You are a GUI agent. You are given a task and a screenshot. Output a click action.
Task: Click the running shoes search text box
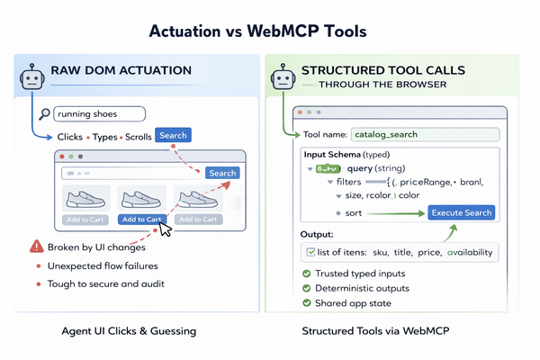coord(97,114)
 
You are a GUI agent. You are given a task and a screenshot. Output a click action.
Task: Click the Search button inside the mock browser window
coord(221,173)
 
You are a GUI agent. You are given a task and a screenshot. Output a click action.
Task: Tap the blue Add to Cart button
coord(141,219)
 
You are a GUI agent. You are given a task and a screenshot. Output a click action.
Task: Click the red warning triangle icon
coord(36,246)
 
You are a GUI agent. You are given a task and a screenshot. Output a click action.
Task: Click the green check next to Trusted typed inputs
coord(307,274)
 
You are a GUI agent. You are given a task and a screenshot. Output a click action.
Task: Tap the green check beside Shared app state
coord(307,303)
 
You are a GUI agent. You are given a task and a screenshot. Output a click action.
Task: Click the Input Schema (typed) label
coord(339,154)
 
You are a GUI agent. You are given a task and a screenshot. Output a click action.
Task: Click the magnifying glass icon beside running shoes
coord(42,114)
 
